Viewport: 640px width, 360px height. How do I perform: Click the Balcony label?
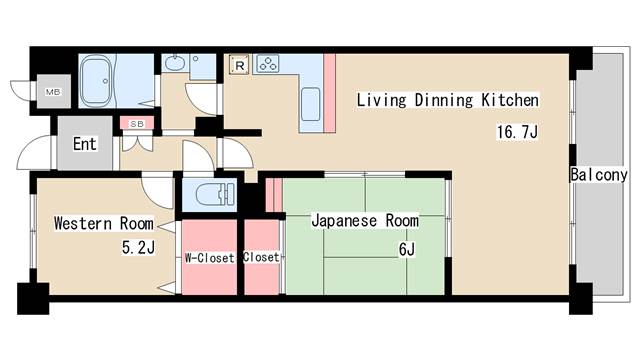598,175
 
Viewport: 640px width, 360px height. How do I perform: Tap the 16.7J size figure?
517,132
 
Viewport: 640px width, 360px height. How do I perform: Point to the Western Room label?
104,222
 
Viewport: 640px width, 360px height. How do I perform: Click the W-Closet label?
209,257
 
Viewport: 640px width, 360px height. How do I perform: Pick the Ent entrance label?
85,144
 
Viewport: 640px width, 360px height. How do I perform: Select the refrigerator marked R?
240,65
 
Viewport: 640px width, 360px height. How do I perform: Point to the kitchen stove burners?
268,65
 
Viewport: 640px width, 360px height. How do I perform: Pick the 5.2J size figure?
137,248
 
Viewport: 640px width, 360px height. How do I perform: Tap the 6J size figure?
406,249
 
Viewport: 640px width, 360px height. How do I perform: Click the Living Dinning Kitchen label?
447,100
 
